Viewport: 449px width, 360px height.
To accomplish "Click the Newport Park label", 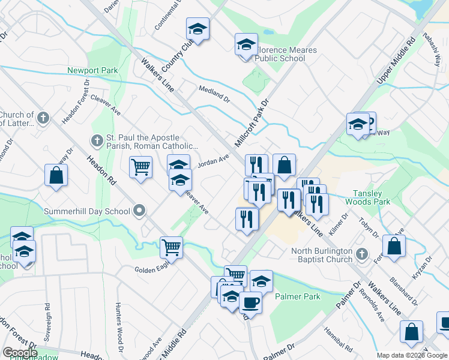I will [92, 70].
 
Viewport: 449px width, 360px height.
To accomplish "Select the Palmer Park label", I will [298, 296].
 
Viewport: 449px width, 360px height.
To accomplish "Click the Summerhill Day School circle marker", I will [140, 211].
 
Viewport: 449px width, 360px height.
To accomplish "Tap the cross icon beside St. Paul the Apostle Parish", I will [97, 141].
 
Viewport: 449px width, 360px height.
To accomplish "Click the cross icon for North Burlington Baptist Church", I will [361, 254].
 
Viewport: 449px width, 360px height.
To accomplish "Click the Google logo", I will [19, 353].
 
